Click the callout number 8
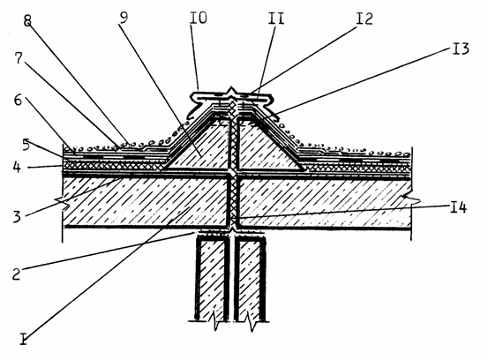click(27, 20)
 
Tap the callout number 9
click(124, 18)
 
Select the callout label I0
click(199, 18)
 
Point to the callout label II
click(276, 19)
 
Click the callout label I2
click(364, 19)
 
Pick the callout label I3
click(461, 49)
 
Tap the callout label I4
click(459, 207)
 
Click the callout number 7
click(19, 58)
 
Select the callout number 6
click(18, 101)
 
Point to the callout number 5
click(26, 145)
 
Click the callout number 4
click(17, 167)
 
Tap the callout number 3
click(17, 216)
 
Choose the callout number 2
click(17, 274)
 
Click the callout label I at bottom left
click(24, 339)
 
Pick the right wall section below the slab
click(250, 279)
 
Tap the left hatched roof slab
click(145, 201)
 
